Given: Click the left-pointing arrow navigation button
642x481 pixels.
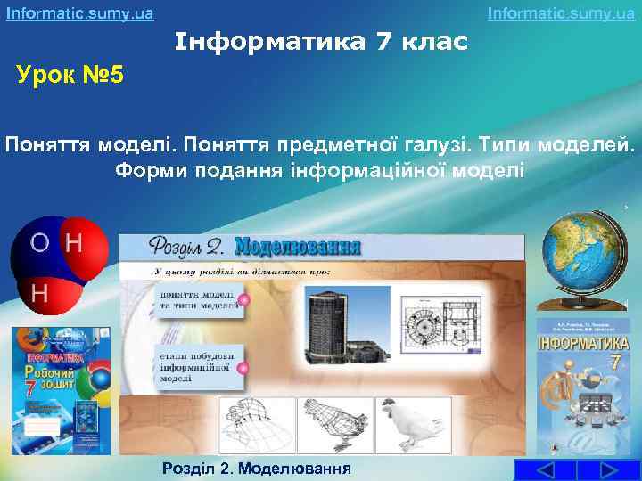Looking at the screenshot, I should click(547, 470).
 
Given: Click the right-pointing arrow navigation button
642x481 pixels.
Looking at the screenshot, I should click(610, 470).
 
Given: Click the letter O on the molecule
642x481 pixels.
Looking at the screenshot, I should click(40, 242).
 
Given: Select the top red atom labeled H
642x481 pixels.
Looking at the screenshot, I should click(77, 242).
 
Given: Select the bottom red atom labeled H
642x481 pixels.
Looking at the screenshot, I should click(39, 291).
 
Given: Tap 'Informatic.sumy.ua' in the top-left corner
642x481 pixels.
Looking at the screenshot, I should click(79, 13).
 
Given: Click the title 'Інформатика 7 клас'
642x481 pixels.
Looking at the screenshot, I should click(321, 41).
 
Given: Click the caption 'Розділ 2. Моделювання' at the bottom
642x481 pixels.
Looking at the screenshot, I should click(256, 469).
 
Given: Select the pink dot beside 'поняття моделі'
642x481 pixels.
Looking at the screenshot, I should click(244, 301).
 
